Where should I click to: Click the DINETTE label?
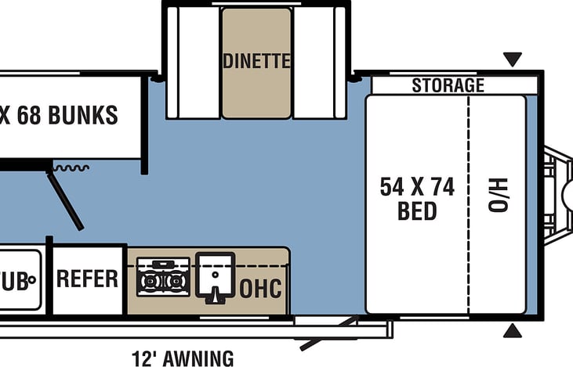256,61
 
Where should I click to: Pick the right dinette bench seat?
319,63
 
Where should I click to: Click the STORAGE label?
448,85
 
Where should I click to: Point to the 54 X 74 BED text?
417,199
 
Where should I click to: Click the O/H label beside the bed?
499,195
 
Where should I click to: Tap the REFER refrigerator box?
87,279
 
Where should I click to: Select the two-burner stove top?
163,279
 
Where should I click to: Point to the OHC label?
260,289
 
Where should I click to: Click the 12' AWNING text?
182,358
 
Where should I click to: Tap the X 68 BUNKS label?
59,116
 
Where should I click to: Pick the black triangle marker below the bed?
512,331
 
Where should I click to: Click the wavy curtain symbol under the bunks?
71,167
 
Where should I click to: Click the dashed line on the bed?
470,203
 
